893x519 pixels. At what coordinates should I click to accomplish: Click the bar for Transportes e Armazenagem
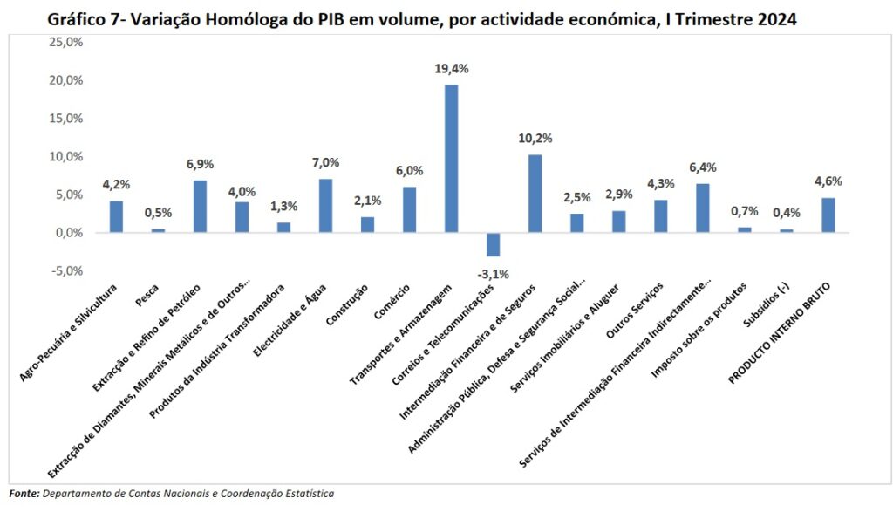coord(451,158)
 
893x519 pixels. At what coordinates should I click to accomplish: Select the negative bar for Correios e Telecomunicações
coord(493,244)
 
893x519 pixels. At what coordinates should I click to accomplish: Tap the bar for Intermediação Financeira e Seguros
coord(535,193)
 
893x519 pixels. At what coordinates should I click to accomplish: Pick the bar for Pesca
coord(158,230)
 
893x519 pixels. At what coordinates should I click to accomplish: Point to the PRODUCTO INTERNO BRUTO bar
coord(828,215)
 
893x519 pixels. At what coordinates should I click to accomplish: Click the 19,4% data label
coord(451,67)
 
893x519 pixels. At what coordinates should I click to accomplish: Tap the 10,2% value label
coord(535,138)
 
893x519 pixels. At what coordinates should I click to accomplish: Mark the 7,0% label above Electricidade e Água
coord(325,162)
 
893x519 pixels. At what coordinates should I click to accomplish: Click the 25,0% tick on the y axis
coord(64,42)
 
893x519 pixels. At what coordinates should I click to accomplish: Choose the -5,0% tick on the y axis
coord(65,271)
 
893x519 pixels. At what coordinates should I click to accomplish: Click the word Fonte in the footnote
coord(24,494)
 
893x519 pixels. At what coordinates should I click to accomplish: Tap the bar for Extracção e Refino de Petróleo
coord(200,206)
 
